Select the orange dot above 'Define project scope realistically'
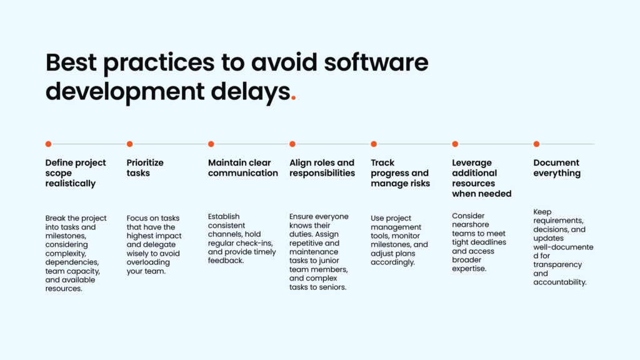coord(48,144)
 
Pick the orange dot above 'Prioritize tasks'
coord(129,144)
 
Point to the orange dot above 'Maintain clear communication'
coord(211,144)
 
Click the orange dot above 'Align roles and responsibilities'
coord(292,144)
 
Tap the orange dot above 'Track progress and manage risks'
coord(374,144)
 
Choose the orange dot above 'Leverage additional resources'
coord(455,144)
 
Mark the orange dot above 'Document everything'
coord(536,144)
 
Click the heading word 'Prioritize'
coord(145,162)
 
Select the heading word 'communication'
coord(243,173)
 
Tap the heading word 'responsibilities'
coord(322,173)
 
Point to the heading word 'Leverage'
coord(472,163)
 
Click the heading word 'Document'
coord(556,162)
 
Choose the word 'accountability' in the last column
coord(559,282)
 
